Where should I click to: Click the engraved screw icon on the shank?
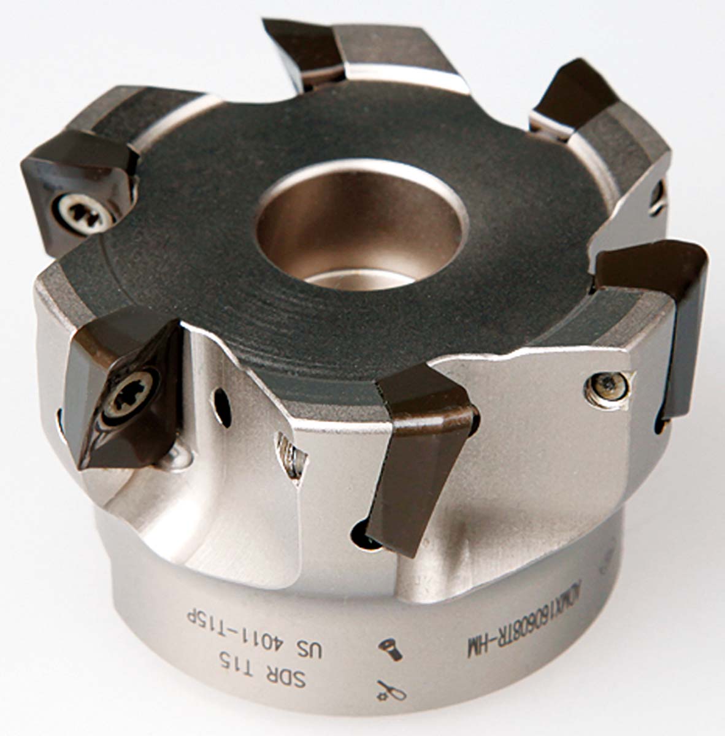391,650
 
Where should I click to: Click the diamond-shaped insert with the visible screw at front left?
123,393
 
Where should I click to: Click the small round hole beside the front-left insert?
223,405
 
